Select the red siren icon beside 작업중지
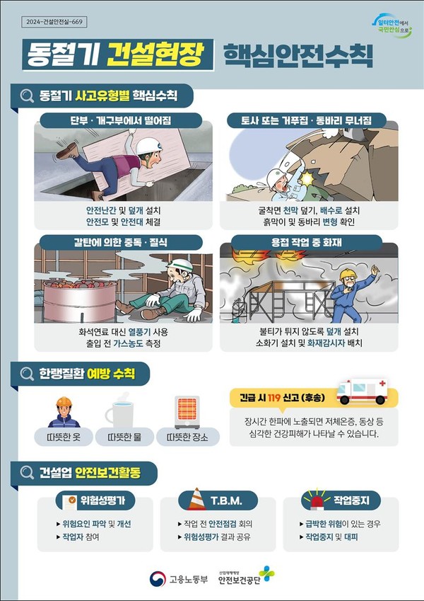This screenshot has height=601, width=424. click(x=316, y=500)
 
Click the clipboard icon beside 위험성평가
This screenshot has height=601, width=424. click(x=73, y=501)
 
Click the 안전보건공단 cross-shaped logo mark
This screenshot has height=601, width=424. click(x=266, y=574)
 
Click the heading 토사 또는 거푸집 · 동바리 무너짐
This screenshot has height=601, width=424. click(x=307, y=120)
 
